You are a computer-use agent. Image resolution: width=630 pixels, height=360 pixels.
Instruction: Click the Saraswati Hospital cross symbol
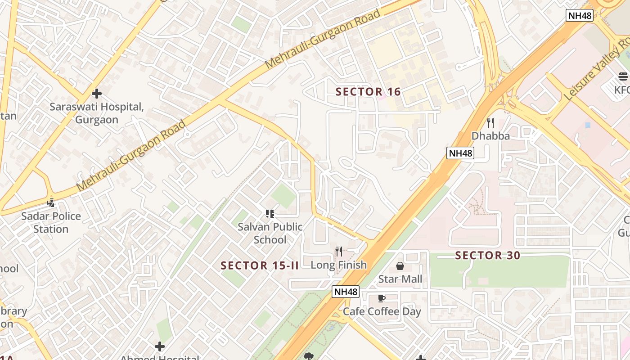point(97,94)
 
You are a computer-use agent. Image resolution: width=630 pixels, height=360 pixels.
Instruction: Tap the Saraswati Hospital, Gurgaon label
point(97,113)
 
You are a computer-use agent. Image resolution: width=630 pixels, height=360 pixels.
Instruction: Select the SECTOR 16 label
point(368,92)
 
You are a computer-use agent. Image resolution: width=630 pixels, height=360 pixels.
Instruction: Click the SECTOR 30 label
point(487,256)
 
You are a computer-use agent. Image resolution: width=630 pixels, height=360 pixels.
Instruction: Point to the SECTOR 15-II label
point(260,265)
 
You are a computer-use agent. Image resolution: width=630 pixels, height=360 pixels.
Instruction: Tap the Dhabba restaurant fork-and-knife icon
point(490,122)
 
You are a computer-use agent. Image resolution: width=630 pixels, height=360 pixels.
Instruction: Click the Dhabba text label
point(490,135)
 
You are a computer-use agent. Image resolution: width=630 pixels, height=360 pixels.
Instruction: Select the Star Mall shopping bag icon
point(400,266)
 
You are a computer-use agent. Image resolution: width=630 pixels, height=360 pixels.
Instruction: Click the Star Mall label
point(400,279)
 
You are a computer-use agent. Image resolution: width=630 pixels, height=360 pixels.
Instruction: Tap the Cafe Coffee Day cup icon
point(382,298)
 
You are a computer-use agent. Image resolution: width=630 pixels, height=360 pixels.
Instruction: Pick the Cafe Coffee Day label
point(382,311)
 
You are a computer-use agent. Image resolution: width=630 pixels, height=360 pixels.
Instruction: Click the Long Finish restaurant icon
point(339,252)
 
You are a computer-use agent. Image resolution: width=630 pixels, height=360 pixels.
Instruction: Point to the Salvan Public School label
point(270,233)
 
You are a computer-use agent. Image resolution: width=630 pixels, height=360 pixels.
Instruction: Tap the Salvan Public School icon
point(270,214)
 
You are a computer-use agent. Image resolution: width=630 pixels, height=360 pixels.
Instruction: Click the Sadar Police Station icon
point(51,203)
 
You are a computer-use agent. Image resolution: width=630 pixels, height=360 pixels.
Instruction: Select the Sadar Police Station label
point(51,222)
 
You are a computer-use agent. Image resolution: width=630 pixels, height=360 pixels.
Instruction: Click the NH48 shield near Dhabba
point(461,153)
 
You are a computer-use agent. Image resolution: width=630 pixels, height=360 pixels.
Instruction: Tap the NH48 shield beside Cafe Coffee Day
point(346,292)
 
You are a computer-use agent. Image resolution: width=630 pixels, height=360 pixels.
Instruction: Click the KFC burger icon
point(623,76)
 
